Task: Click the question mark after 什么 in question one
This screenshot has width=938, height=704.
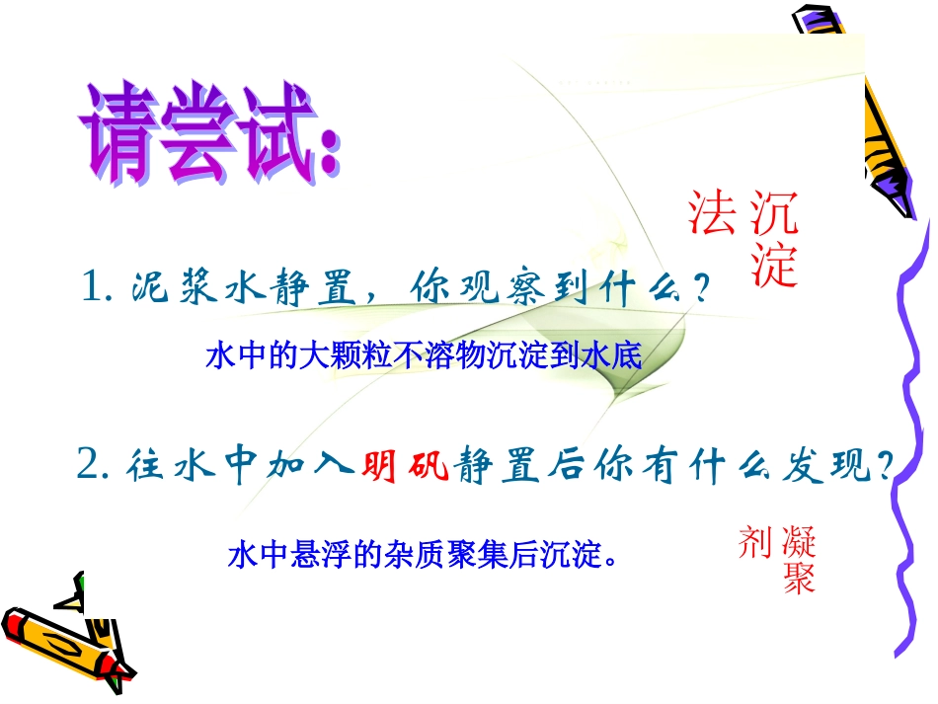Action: [700, 288]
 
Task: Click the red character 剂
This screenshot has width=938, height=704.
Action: [754, 541]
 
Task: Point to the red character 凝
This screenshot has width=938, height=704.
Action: [799, 541]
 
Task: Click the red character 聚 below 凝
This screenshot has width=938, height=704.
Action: [799, 579]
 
